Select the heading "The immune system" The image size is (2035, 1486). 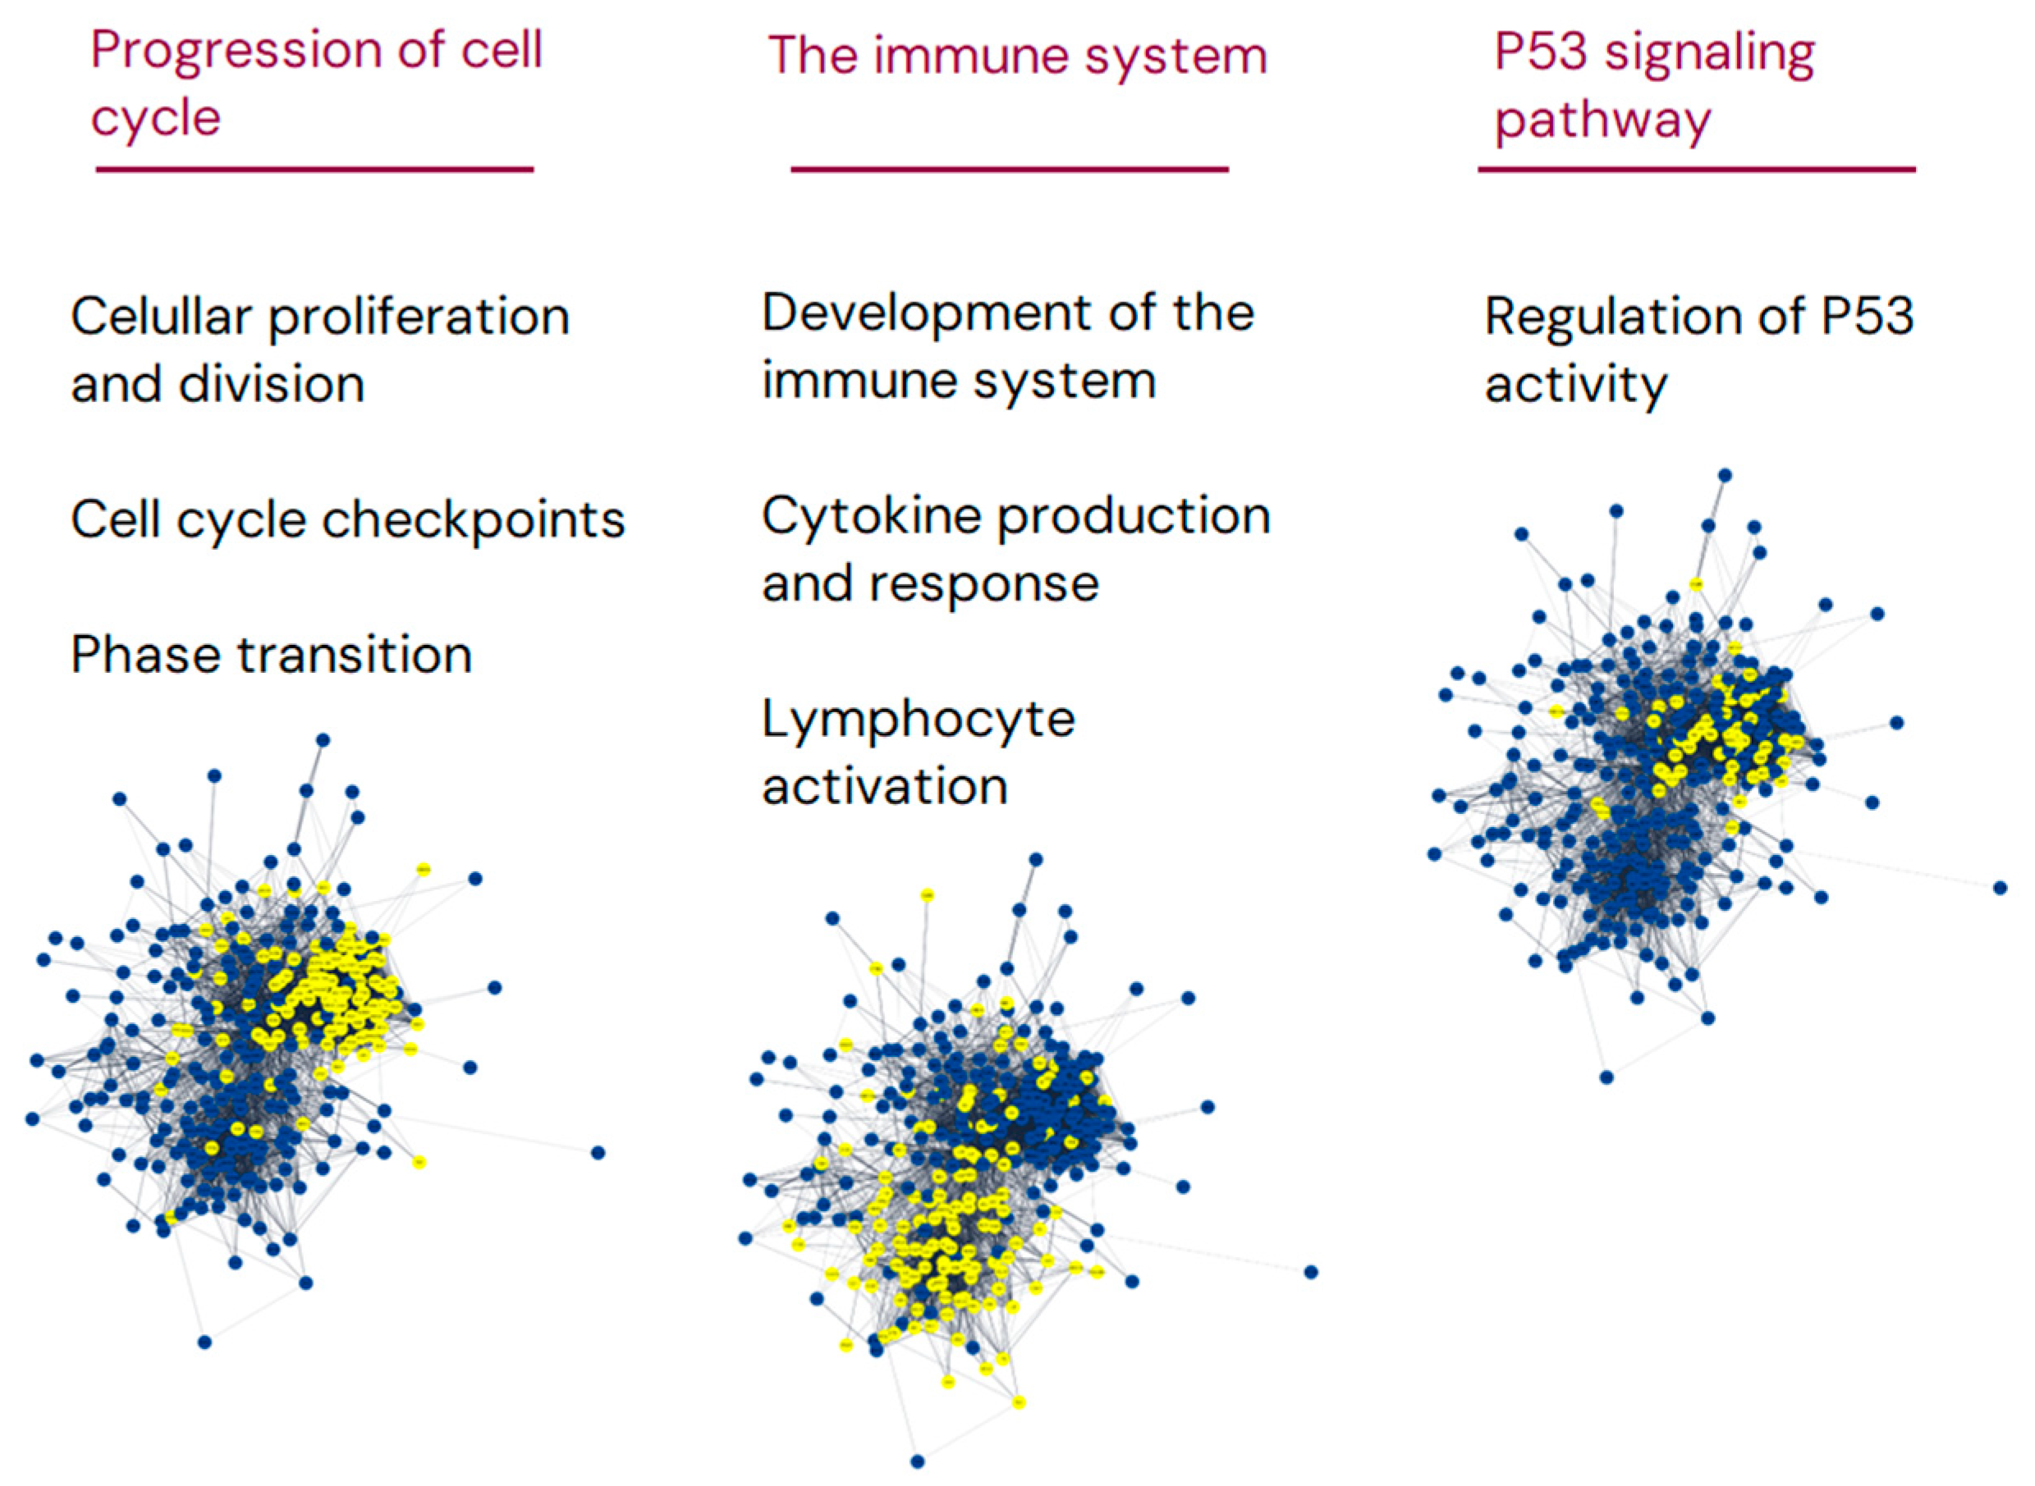click(x=1016, y=56)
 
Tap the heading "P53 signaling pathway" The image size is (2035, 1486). click(x=1653, y=85)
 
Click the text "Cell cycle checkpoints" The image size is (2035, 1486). click(x=347, y=520)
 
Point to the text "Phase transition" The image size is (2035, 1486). click(x=271, y=654)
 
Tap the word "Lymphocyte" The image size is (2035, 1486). click(x=918, y=720)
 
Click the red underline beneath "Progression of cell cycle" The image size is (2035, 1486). click(x=315, y=169)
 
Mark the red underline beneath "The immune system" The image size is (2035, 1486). click(x=1010, y=169)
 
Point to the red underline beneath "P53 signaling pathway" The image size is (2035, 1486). click(x=1696, y=169)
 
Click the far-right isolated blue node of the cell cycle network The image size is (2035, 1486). click(x=598, y=1152)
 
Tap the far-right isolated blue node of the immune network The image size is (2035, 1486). click(x=1311, y=1272)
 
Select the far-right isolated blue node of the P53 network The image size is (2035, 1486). click(x=2000, y=888)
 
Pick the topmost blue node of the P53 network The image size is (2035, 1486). click(x=1725, y=475)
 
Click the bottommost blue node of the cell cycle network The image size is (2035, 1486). click(x=204, y=1342)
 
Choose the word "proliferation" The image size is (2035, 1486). click(x=419, y=317)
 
